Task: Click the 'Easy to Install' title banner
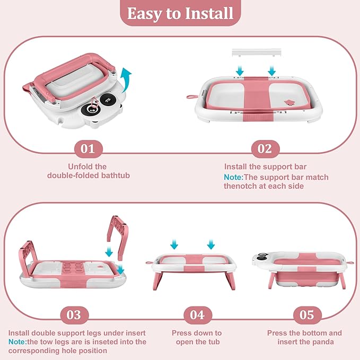(x=180, y=13)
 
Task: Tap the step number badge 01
(x=89, y=149)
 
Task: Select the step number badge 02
(x=266, y=149)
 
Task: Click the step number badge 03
(x=74, y=315)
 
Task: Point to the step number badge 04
(x=198, y=315)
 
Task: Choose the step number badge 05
(x=307, y=315)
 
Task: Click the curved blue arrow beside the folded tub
(x=126, y=81)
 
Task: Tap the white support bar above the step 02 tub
(x=257, y=52)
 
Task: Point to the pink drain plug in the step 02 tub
(x=289, y=102)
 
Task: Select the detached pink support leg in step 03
(x=118, y=238)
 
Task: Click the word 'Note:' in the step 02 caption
(x=233, y=177)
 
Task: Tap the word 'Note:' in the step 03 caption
(x=17, y=342)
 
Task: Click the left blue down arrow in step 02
(x=240, y=71)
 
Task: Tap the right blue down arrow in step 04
(x=211, y=244)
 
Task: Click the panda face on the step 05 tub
(x=264, y=257)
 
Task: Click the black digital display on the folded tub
(x=107, y=101)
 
